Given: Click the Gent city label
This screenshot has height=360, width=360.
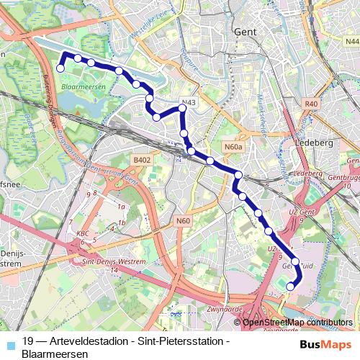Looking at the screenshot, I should coord(246,32).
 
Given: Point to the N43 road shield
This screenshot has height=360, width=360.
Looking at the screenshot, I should coord(189,103).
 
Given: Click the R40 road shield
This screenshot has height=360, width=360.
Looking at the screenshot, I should coord(311,104).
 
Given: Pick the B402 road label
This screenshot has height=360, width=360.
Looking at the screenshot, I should coord(142,160).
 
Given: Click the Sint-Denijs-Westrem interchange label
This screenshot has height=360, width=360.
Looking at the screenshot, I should coord(104,263).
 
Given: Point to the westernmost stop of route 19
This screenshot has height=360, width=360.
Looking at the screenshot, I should coord(60,68).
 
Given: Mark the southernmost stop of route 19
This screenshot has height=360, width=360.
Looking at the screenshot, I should coord(290,286).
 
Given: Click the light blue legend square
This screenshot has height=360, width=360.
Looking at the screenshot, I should coord(9,344).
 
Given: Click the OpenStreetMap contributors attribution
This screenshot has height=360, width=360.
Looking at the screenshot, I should coord(297,323).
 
